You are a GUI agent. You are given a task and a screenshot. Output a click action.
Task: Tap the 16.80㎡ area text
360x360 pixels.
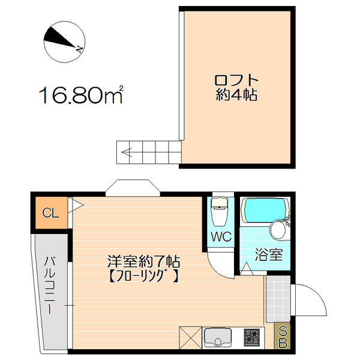[x=82, y=95]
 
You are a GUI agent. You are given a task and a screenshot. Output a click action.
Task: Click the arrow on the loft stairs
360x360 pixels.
[x=127, y=152]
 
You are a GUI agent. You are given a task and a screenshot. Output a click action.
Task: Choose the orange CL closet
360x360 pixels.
[x=50, y=213]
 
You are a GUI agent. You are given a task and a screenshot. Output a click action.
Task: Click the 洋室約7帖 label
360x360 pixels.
[x=144, y=262]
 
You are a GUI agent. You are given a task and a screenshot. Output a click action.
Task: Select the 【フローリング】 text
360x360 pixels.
[x=144, y=277]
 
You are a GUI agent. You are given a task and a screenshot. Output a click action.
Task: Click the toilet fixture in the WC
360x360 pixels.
[x=220, y=210]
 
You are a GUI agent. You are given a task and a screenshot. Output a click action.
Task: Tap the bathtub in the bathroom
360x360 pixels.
[x=265, y=211]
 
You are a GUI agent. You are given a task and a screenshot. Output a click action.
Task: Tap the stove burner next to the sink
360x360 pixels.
[x=251, y=338]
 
